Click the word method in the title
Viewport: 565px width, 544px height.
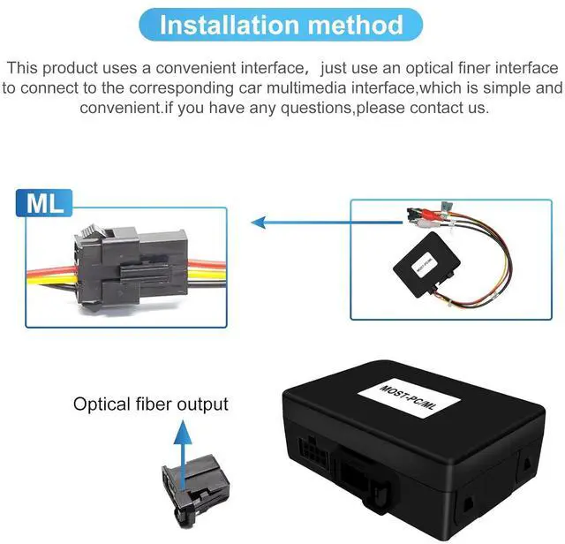point(357,25)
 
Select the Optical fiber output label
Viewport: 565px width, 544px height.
point(151,404)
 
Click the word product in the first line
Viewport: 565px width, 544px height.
point(77,67)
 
